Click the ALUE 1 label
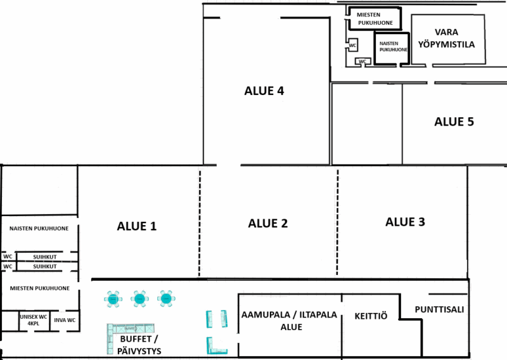(x=137, y=226)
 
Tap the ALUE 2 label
(x=267, y=224)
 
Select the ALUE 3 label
(x=405, y=222)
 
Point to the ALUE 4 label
(x=264, y=91)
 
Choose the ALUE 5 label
(x=454, y=122)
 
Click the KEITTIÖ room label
(x=371, y=316)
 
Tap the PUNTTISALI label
(x=439, y=309)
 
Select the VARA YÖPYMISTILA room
(x=448, y=39)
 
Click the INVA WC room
(x=65, y=321)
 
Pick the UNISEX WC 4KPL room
(x=34, y=321)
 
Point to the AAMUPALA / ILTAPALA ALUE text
(x=290, y=321)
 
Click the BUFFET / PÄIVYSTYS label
(x=139, y=345)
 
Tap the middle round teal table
(x=139, y=299)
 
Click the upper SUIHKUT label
(x=45, y=257)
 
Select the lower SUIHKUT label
(x=45, y=267)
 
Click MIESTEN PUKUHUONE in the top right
(x=375, y=19)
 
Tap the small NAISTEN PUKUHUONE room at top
(x=392, y=48)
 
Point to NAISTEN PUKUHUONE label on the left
(x=39, y=229)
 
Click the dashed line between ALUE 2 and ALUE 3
(x=338, y=222)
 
